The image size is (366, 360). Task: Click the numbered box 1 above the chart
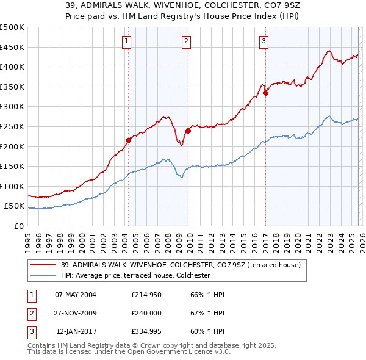pos(126,41)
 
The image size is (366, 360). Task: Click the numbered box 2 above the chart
pos(186,41)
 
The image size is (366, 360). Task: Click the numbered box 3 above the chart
pos(264,41)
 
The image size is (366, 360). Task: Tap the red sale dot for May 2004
pos(128,140)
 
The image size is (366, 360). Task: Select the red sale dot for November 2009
pos(188,130)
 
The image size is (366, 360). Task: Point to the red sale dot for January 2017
pos(265,93)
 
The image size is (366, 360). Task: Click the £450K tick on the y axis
pos(12,47)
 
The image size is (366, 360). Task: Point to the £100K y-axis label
pos(12,186)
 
